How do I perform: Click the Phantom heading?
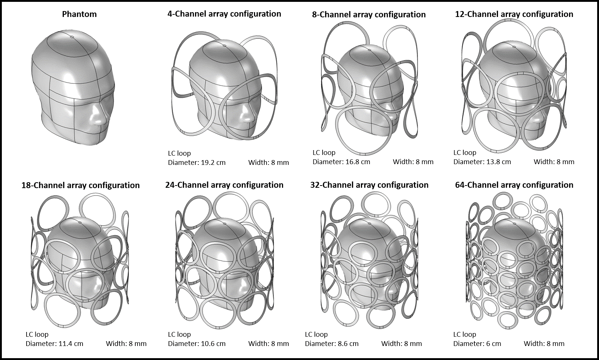click(79, 14)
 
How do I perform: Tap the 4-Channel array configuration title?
click(224, 14)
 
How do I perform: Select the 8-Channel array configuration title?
click(369, 15)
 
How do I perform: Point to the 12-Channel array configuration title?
click(514, 14)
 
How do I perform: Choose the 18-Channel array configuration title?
click(80, 185)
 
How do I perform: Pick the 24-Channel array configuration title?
click(224, 185)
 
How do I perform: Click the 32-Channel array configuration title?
click(369, 185)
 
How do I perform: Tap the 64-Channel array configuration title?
click(514, 185)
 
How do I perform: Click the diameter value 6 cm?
click(493, 344)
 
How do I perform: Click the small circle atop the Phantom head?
click(72, 37)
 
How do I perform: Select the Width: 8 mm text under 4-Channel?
click(268, 163)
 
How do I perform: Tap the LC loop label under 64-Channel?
click(464, 335)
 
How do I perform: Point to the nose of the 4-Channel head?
click(248, 117)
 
